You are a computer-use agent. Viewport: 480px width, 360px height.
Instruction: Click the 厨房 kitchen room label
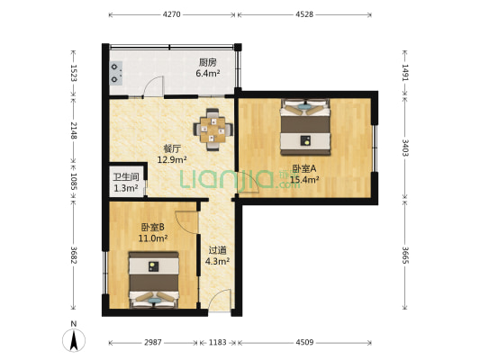click(208, 62)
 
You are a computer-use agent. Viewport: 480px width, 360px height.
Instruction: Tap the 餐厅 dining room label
click(172, 149)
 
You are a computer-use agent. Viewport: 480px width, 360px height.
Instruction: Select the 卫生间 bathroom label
click(125, 177)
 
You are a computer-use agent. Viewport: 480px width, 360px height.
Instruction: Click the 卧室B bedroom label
click(152, 228)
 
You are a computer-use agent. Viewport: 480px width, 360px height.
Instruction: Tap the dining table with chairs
click(214, 127)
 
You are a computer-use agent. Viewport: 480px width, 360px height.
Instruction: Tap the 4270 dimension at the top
click(173, 14)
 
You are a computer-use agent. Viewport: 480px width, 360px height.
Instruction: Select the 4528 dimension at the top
click(306, 14)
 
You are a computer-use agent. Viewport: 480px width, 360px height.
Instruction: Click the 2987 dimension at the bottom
click(153, 343)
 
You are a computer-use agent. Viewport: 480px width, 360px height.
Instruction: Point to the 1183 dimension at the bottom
click(217, 343)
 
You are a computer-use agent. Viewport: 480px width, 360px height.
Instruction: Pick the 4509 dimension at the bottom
click(306, 343)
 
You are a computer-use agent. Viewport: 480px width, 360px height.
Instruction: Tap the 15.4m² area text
click(305, 179)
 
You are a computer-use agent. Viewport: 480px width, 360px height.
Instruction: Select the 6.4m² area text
click(208, 73)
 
